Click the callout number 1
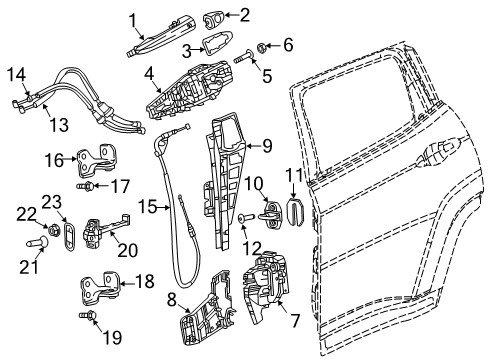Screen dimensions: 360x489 coord(131,17)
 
